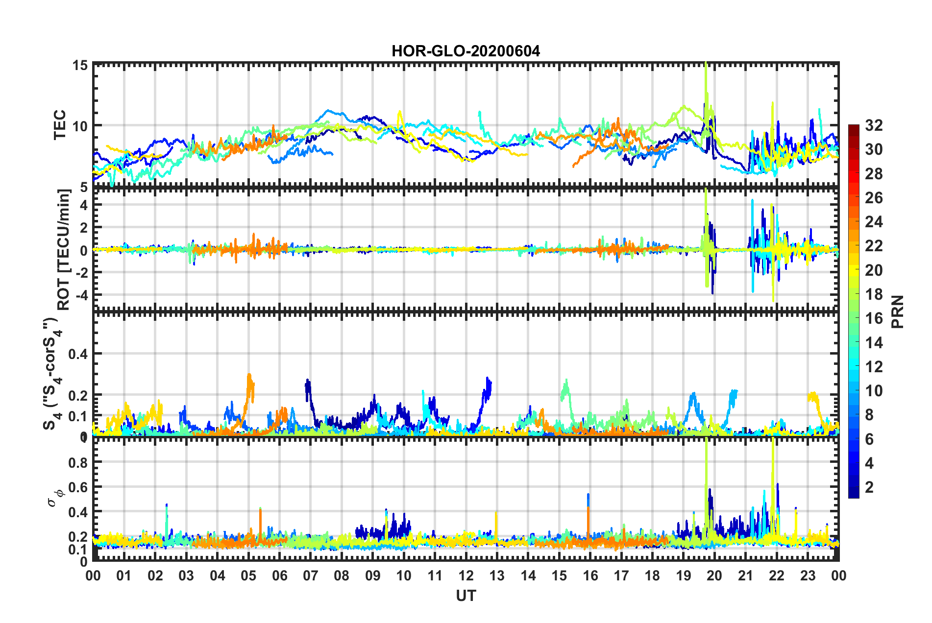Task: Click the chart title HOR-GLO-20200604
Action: pyautogui.click(x=466, y=51)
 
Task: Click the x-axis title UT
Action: pyautogui.click(x=466, y=596)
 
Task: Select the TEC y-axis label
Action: pyautogui.click(x=59, y=125)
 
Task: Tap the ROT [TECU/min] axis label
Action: pyautogui.click(x=64, y=250)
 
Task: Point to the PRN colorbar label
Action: pyautogui.click(x=898, y=311)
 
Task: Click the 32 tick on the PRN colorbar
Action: pyautogui.click(x=874, y=125)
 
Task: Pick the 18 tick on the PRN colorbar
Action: pyautogui.click(x=874, y=294)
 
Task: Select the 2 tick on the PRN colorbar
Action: pyautogui.click(x=870, y=487)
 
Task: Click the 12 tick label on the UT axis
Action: pyautogui.click(x=466, y=575)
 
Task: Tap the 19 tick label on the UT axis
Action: pyautogui.click(x=684, y=575)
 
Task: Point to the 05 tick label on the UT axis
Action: pyautogui.click(x=248, y=575)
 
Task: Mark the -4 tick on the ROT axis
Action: pyautogui.click(x=81, y=295)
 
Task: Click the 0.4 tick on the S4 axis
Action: pyautogui.click(x=78, y=354)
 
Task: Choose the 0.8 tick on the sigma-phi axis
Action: pyautogui.click(x=78, y=462)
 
